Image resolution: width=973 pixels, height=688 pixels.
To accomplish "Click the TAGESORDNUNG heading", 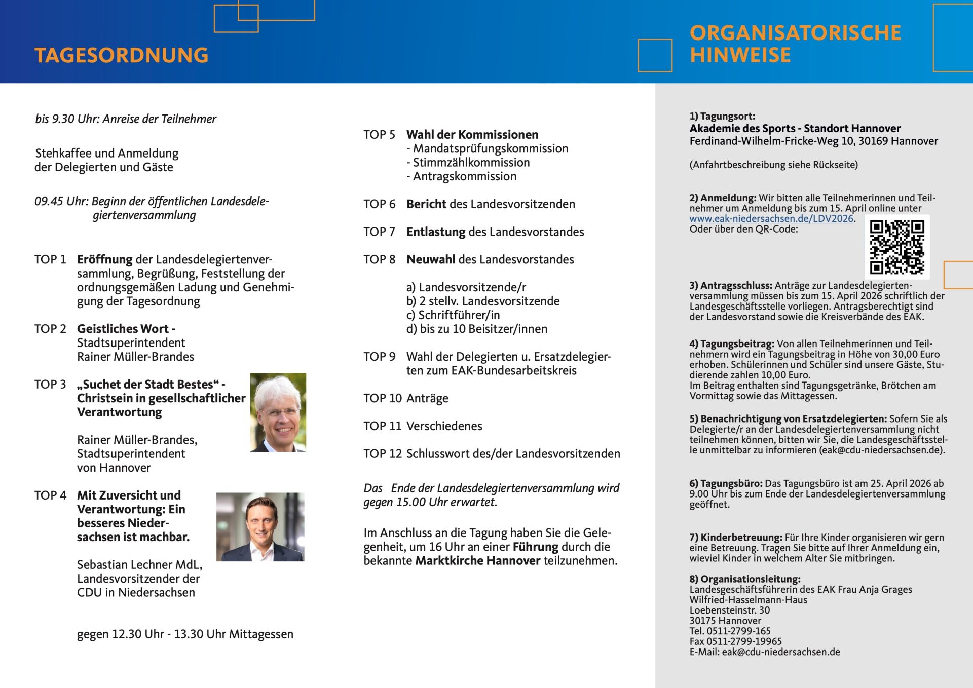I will click(x=122, y=55).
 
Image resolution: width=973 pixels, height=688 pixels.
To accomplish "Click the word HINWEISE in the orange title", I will click(x=740, y=55).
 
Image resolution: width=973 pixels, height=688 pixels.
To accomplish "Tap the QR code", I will click(x=896, y=247).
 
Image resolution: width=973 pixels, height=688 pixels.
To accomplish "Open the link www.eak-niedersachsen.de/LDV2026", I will click(x=771, y=219).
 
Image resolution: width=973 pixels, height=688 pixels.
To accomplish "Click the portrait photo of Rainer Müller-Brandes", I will click(x=278, y=412).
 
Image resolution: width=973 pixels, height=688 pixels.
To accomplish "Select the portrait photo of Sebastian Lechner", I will click(x=260, y=527).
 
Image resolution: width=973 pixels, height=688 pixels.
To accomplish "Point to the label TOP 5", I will click(x=379, y=135).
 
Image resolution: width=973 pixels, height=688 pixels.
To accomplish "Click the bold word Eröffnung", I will click(x=105, y=260).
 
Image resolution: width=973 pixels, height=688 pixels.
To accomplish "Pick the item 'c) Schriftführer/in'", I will click(x=453, y=315).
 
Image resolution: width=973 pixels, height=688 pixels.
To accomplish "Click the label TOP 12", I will click(x=382, y=454).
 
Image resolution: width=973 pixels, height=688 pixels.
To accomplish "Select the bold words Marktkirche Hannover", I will click(x=477, y=561).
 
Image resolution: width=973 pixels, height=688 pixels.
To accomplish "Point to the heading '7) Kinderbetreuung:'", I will click(x=735, y=538).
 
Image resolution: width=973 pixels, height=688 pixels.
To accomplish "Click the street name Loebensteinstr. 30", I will click(x=729, y=610).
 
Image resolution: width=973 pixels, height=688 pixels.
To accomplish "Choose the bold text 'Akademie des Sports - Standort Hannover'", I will click(x=795, y=129).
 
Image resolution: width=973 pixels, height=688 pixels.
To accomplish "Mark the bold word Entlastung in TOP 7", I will click(x=436, y=232).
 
